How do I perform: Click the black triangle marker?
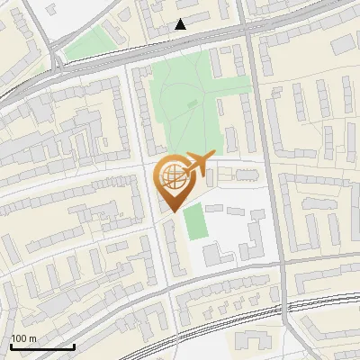[x=181, y=24]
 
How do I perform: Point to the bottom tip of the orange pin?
[x=171, y=212]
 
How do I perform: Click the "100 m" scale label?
[x=23, y=338]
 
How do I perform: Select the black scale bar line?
[x=42, y=346]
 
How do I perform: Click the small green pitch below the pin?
[x=193, y=222]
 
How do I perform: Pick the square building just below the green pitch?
[x=211, y=255]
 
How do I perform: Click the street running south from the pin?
[x=162, y=261]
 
